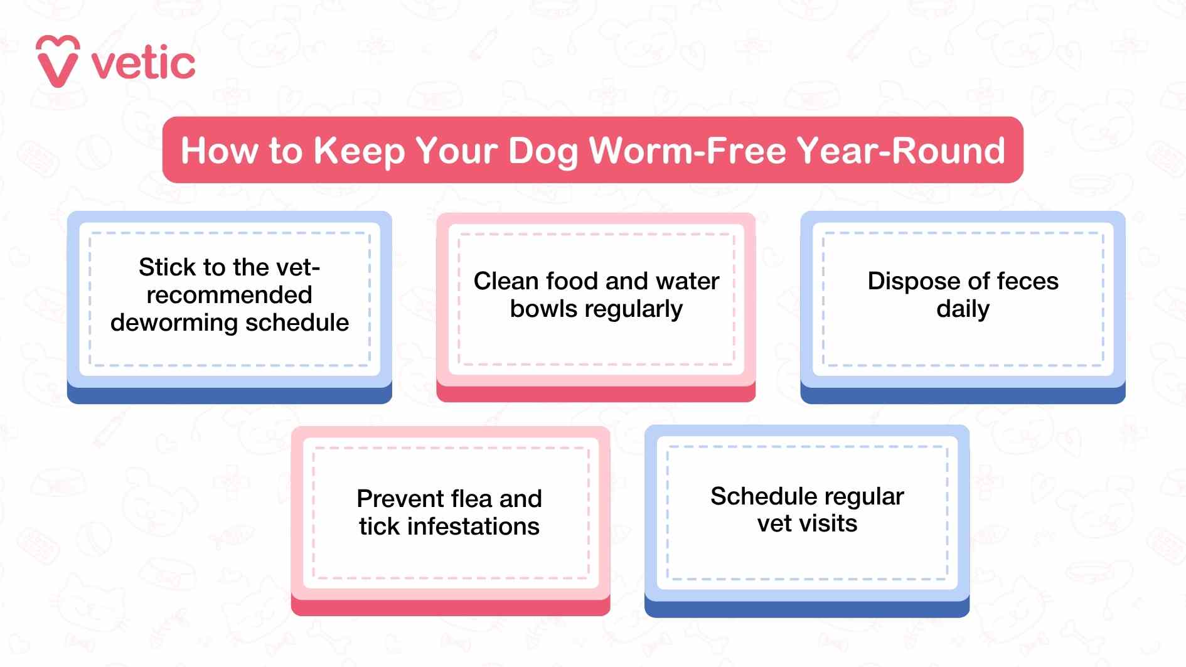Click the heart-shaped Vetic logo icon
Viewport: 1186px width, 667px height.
(58, 61)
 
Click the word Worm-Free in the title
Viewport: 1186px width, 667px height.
(687, 151)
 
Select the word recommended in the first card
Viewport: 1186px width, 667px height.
(229, 295)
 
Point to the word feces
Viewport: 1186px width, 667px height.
(1027, 281)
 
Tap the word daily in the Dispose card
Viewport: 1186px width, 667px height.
(963, 309)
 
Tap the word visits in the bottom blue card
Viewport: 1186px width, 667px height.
(830, 524)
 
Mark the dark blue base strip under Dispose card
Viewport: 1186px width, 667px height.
(963, 396)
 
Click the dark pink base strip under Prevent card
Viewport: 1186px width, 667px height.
(451, 607)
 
